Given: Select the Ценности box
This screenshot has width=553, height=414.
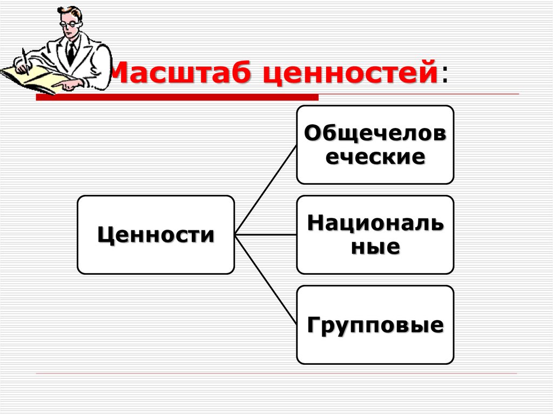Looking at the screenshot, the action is [156, 235].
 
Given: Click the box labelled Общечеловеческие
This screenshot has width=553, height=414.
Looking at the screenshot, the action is [375, 145].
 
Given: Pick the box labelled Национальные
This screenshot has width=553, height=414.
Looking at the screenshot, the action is [375, 235].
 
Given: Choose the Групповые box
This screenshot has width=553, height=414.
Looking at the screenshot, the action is [375, 325].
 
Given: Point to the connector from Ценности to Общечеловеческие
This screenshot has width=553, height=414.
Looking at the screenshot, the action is [266, 189].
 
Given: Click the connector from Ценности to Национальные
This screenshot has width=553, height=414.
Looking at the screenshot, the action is [265, 235].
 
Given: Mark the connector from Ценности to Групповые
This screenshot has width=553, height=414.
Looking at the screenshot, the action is [266, 280].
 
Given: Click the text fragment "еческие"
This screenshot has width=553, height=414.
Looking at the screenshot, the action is [375, 157].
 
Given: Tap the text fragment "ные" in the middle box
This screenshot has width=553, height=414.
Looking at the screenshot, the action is [375, 247].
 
